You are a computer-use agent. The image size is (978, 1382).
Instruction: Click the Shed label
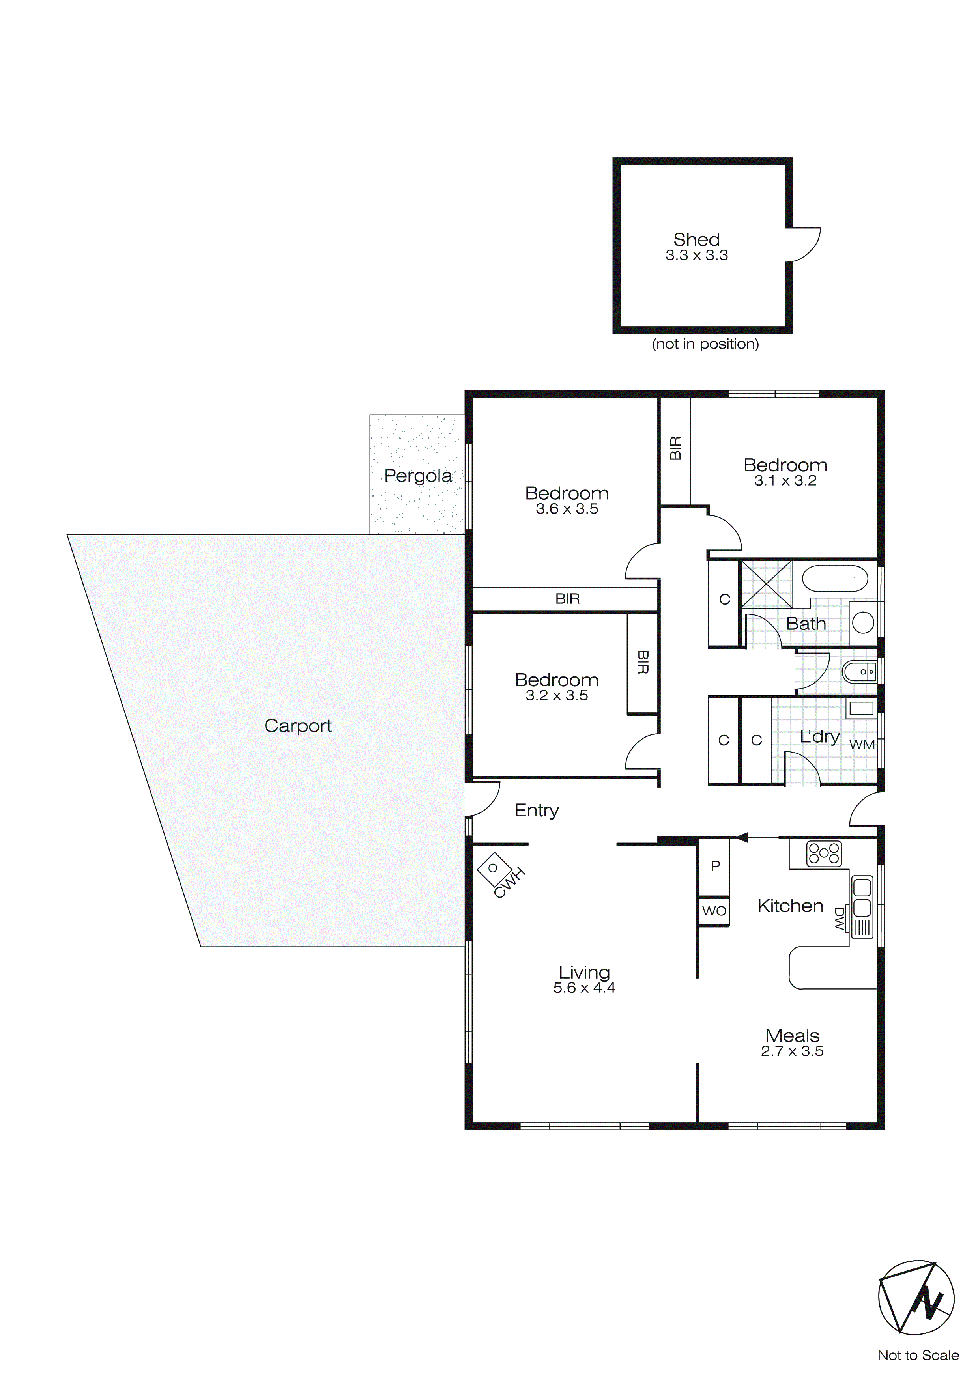[x=696, y=239]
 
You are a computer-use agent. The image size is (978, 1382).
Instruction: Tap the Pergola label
[x=417, y=476]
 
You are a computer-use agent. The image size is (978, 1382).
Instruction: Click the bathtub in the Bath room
[x=835, y=579]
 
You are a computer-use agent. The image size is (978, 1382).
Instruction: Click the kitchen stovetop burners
[x=824, y=853]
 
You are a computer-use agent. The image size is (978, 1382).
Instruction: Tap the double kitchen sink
[x=862, y=896]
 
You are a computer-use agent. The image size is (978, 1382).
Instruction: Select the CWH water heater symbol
[x=493, y=868]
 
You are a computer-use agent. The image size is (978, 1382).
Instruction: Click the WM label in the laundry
[x=861, y=745]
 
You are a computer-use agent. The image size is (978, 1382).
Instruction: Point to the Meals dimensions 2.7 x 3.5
[x=792, y=1051]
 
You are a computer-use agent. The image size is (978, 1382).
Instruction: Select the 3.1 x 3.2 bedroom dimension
[x=785, y=480]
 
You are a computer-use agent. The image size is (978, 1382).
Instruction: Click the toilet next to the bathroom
[x=859, y=671]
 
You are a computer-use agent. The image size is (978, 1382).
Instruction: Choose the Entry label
[x=536, y=811]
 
